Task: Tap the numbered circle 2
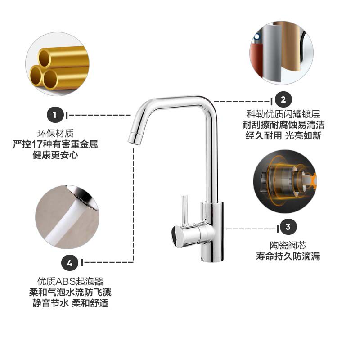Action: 283,99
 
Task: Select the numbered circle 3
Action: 288,227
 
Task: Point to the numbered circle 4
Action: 70,263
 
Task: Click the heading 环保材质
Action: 55,133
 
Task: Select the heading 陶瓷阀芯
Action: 288,245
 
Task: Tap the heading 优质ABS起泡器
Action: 70,281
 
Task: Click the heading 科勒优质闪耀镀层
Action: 283,114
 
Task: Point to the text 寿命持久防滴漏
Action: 288,256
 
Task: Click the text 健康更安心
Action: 55,155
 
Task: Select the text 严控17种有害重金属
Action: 55,144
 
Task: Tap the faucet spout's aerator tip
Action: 135,139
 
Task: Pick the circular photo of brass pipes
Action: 58,64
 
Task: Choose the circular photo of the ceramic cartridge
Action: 285,181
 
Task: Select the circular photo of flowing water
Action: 67,217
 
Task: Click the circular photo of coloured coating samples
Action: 282,53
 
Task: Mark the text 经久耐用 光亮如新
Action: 283,135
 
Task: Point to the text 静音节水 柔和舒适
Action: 70,303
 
